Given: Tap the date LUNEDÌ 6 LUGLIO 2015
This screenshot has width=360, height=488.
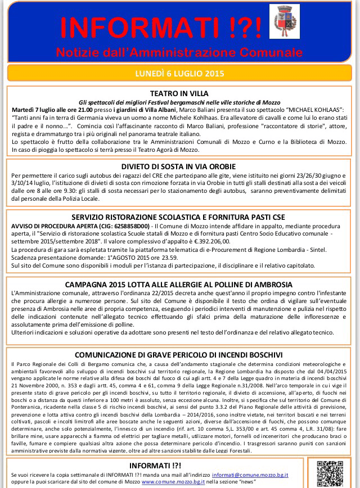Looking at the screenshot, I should tap(179, 73).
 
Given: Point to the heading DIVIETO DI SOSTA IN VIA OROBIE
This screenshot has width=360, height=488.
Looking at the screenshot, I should tap(179, 167).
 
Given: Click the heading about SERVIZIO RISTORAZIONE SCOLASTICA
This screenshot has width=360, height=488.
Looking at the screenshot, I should tap(179, 216).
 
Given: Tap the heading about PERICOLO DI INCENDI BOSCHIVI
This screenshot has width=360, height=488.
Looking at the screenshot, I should tap(179, 355).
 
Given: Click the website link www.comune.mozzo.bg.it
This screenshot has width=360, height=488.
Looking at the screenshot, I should tap(173, 482).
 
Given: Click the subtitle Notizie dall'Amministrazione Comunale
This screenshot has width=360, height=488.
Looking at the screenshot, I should tap(179, 52).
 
